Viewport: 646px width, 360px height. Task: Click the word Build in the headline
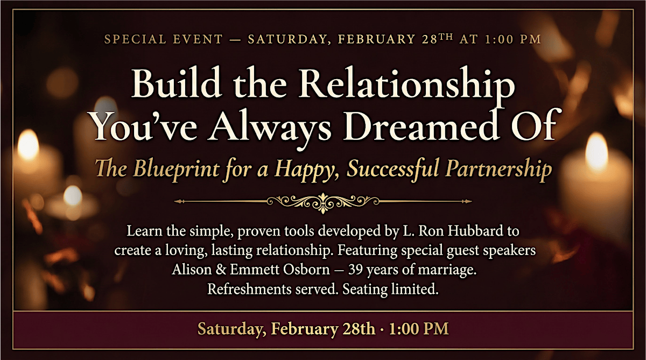click(177, 83)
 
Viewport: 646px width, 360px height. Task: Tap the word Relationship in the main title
click(406, 86)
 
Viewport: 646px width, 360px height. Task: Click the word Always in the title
click(270, 130)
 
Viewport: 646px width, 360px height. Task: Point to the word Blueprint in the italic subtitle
click(177, 169)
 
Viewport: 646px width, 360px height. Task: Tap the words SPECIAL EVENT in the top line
click(164, 39)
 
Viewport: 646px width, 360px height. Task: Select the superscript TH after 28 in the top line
click(446, 37)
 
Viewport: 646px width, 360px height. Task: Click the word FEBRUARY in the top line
click(377, 39)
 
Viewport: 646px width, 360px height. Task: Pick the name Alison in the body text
click(192, 270)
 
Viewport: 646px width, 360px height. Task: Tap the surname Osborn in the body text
click(306, 270)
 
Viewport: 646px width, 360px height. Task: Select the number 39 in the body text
click(355, 270)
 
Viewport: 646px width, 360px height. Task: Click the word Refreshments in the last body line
click(249, 289)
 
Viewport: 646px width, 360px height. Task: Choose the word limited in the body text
click(415, 289)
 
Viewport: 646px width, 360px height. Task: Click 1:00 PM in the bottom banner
click(419, 329)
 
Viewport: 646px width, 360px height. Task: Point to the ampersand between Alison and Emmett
click(221, 270)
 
